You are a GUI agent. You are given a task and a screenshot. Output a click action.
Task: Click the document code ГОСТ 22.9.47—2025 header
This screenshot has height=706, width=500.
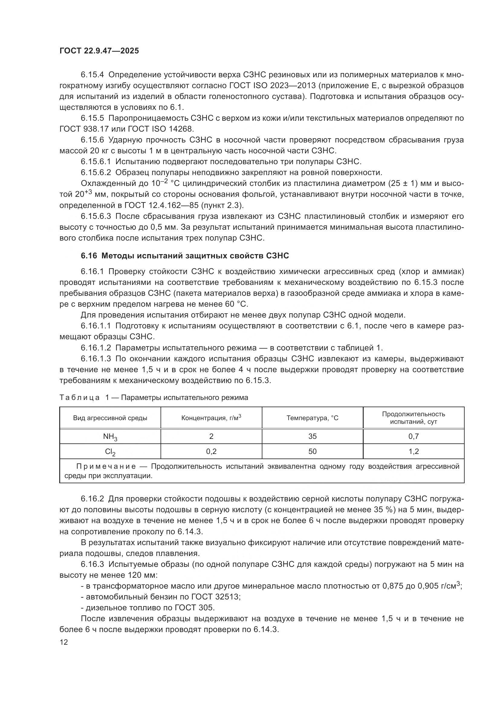99,51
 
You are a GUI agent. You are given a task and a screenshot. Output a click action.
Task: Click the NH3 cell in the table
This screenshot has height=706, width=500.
110,437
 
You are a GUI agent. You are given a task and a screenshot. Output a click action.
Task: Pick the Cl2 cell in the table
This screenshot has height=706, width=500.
110,452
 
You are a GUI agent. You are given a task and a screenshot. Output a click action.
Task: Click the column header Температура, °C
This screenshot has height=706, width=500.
312,418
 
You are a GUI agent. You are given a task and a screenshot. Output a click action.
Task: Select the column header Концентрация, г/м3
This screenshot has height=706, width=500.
211,418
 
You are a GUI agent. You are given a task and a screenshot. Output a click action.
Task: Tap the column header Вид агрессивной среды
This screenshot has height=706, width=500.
110,418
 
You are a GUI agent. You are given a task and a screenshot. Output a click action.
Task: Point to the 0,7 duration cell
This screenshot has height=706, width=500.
414,436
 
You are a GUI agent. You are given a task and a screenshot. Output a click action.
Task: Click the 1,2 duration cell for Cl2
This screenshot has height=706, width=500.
414,451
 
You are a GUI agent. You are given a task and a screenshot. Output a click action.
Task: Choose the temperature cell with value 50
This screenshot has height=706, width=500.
312,451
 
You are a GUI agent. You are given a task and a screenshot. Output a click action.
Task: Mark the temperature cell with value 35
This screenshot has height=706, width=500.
312,436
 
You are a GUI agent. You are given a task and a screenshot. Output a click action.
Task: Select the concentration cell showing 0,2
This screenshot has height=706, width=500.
211,451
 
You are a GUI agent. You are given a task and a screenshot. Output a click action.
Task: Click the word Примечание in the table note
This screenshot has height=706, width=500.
106,467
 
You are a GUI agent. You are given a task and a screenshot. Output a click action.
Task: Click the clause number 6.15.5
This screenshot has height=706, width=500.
93,118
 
